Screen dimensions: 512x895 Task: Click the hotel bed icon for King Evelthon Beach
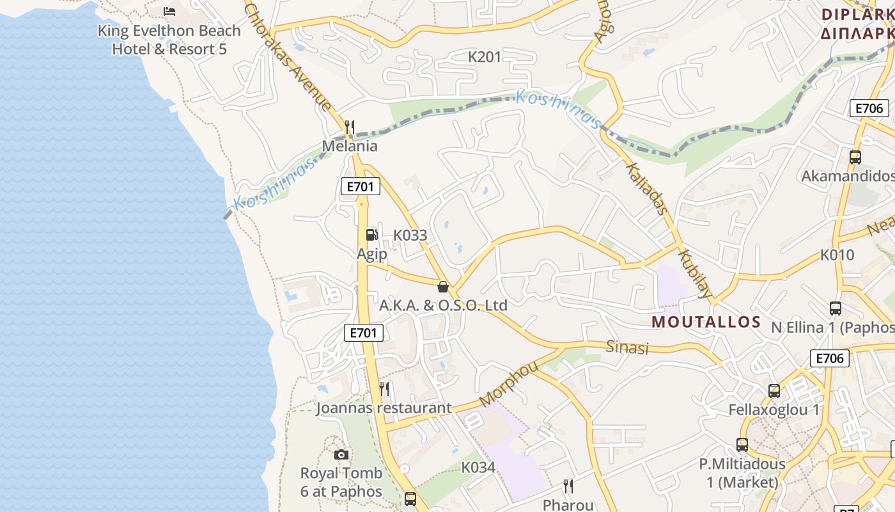click(x=169, y=12)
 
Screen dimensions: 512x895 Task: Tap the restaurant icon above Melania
click(x=350, y=127)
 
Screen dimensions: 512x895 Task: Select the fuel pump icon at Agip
click(x=371, y=235)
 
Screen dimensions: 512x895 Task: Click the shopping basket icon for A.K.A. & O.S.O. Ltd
click(x=442, y=287)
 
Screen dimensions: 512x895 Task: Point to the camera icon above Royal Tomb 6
click(x=341, y=454)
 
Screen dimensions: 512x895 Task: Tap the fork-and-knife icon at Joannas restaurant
click(x=384, y=388)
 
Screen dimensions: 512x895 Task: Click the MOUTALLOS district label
click(x=706, y=322)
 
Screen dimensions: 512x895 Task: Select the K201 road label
click(x=485, y=57)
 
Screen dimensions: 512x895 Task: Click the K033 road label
click(x=410, y=235)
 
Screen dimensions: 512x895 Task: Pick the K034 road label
click(x=478, y=467)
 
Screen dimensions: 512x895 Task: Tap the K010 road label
click(x=837, y=255)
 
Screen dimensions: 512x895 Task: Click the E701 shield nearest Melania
click(x=361, y=187)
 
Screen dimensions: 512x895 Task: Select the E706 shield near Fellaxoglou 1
click(x=830, y=358)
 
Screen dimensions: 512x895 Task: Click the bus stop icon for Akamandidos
click(x=855, y=157)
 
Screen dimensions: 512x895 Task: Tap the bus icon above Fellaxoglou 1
click(x=774, y=390)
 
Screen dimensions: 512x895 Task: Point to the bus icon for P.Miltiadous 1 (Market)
click(x=742, y=444)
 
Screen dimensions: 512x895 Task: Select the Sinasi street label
click(x=627, y=348)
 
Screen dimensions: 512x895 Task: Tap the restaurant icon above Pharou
click(x=568, y=486)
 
